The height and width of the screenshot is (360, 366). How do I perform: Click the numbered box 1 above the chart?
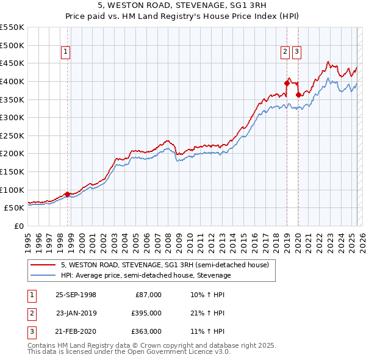pyautogui.click(x=65, y=52)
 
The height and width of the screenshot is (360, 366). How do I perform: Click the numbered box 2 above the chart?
pyautogui.click(x=285, y=52)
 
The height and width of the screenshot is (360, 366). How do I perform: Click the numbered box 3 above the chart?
pyautogui.click(x=296, y=52)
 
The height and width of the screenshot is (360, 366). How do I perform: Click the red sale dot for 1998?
pyautogui.click(x=68, y=194)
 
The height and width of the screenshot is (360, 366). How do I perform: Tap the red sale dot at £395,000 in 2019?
pyautogui.click(x=287, y=82)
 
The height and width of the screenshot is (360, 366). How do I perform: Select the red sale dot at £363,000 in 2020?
pyautogui.click(x=298, y=94)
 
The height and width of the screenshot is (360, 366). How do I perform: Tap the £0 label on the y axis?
pyautogui.click(x=18, y=226)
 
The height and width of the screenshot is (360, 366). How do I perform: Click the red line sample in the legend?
pyautogui.click(x=43, y=265)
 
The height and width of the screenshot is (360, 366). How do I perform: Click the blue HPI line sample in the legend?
pyautogui.click(x=43, y=275)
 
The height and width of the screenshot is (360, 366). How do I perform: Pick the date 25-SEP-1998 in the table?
pyautogui.click(x=76, y=295)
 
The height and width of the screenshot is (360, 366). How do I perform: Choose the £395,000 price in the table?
pyautogui.click(x=147, y=313)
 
